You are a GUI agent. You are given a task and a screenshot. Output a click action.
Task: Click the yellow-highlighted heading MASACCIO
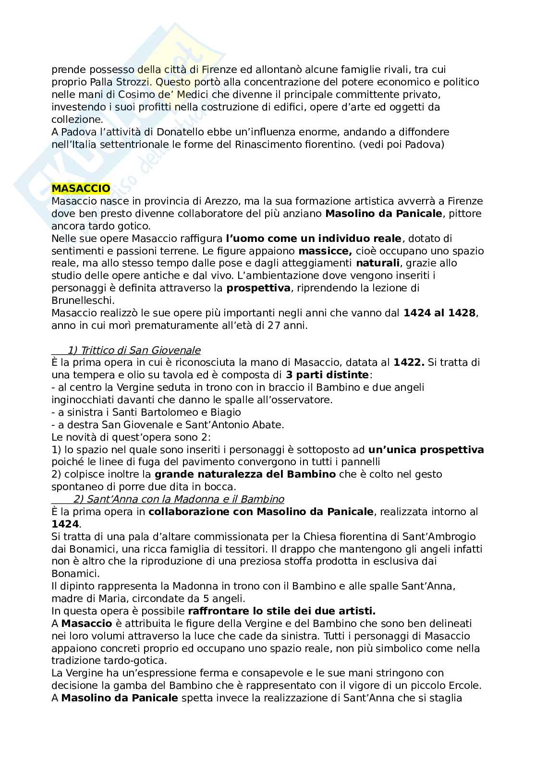tap(81, 188)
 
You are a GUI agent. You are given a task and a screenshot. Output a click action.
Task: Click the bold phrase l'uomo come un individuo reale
tap(314, 238)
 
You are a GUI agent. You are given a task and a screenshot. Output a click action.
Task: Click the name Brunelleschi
tap(83, 301)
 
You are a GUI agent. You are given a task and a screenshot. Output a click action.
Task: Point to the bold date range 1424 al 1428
tap(439, 313)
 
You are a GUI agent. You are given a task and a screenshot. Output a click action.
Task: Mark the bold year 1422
tap(409, 362)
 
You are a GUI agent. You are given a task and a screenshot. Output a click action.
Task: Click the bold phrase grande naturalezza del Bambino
tap(245, 474)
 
